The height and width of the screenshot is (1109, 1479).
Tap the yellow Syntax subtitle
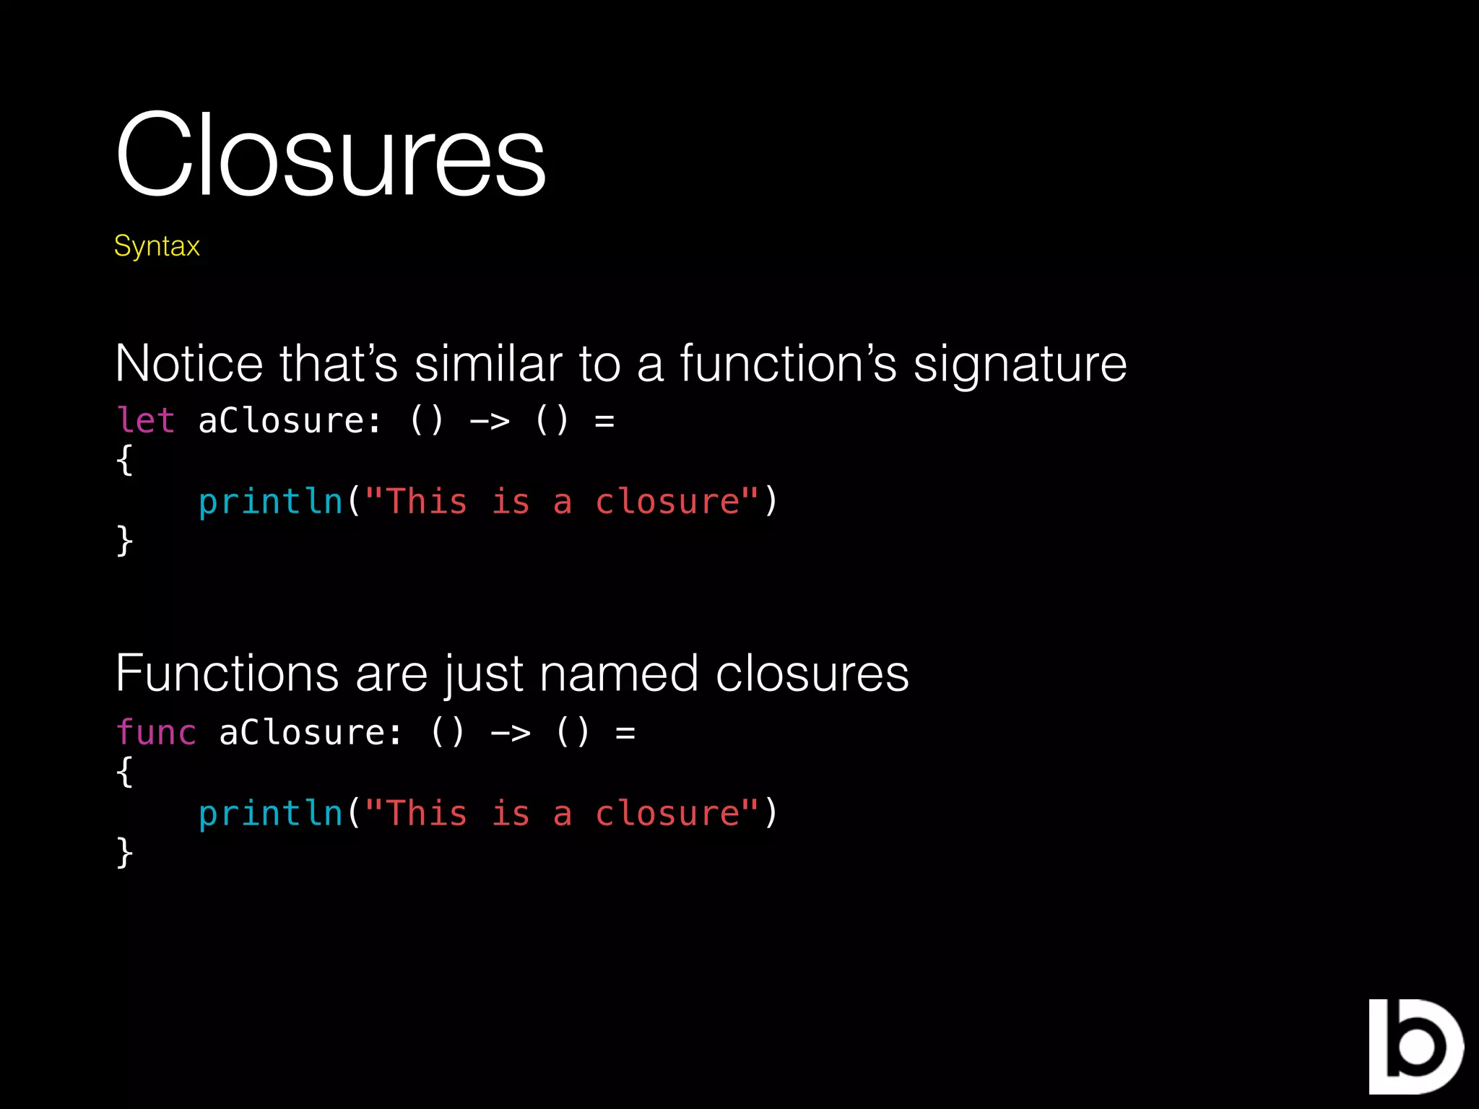pos(157,246)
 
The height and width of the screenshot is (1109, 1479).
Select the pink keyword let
pos(146,420)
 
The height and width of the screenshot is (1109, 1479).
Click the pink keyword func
pos(156,732)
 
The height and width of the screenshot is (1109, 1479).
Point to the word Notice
pos(189,363)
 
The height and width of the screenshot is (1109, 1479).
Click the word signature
pos(1020,365)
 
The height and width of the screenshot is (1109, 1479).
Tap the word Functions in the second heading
pos(227,674)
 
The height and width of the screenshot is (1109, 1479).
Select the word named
pos(619,674)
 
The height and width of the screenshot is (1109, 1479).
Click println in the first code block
pos(271,502)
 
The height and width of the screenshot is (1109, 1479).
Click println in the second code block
pos(271,814)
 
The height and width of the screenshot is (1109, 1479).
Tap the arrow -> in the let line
pos(490,421)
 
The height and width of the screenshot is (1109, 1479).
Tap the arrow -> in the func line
pos(511,733)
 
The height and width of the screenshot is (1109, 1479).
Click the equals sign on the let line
pos(604,421)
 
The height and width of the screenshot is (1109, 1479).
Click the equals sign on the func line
pos(625,733)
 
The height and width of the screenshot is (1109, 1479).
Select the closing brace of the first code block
pos(124,540)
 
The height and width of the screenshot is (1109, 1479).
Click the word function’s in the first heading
pos(788,363)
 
